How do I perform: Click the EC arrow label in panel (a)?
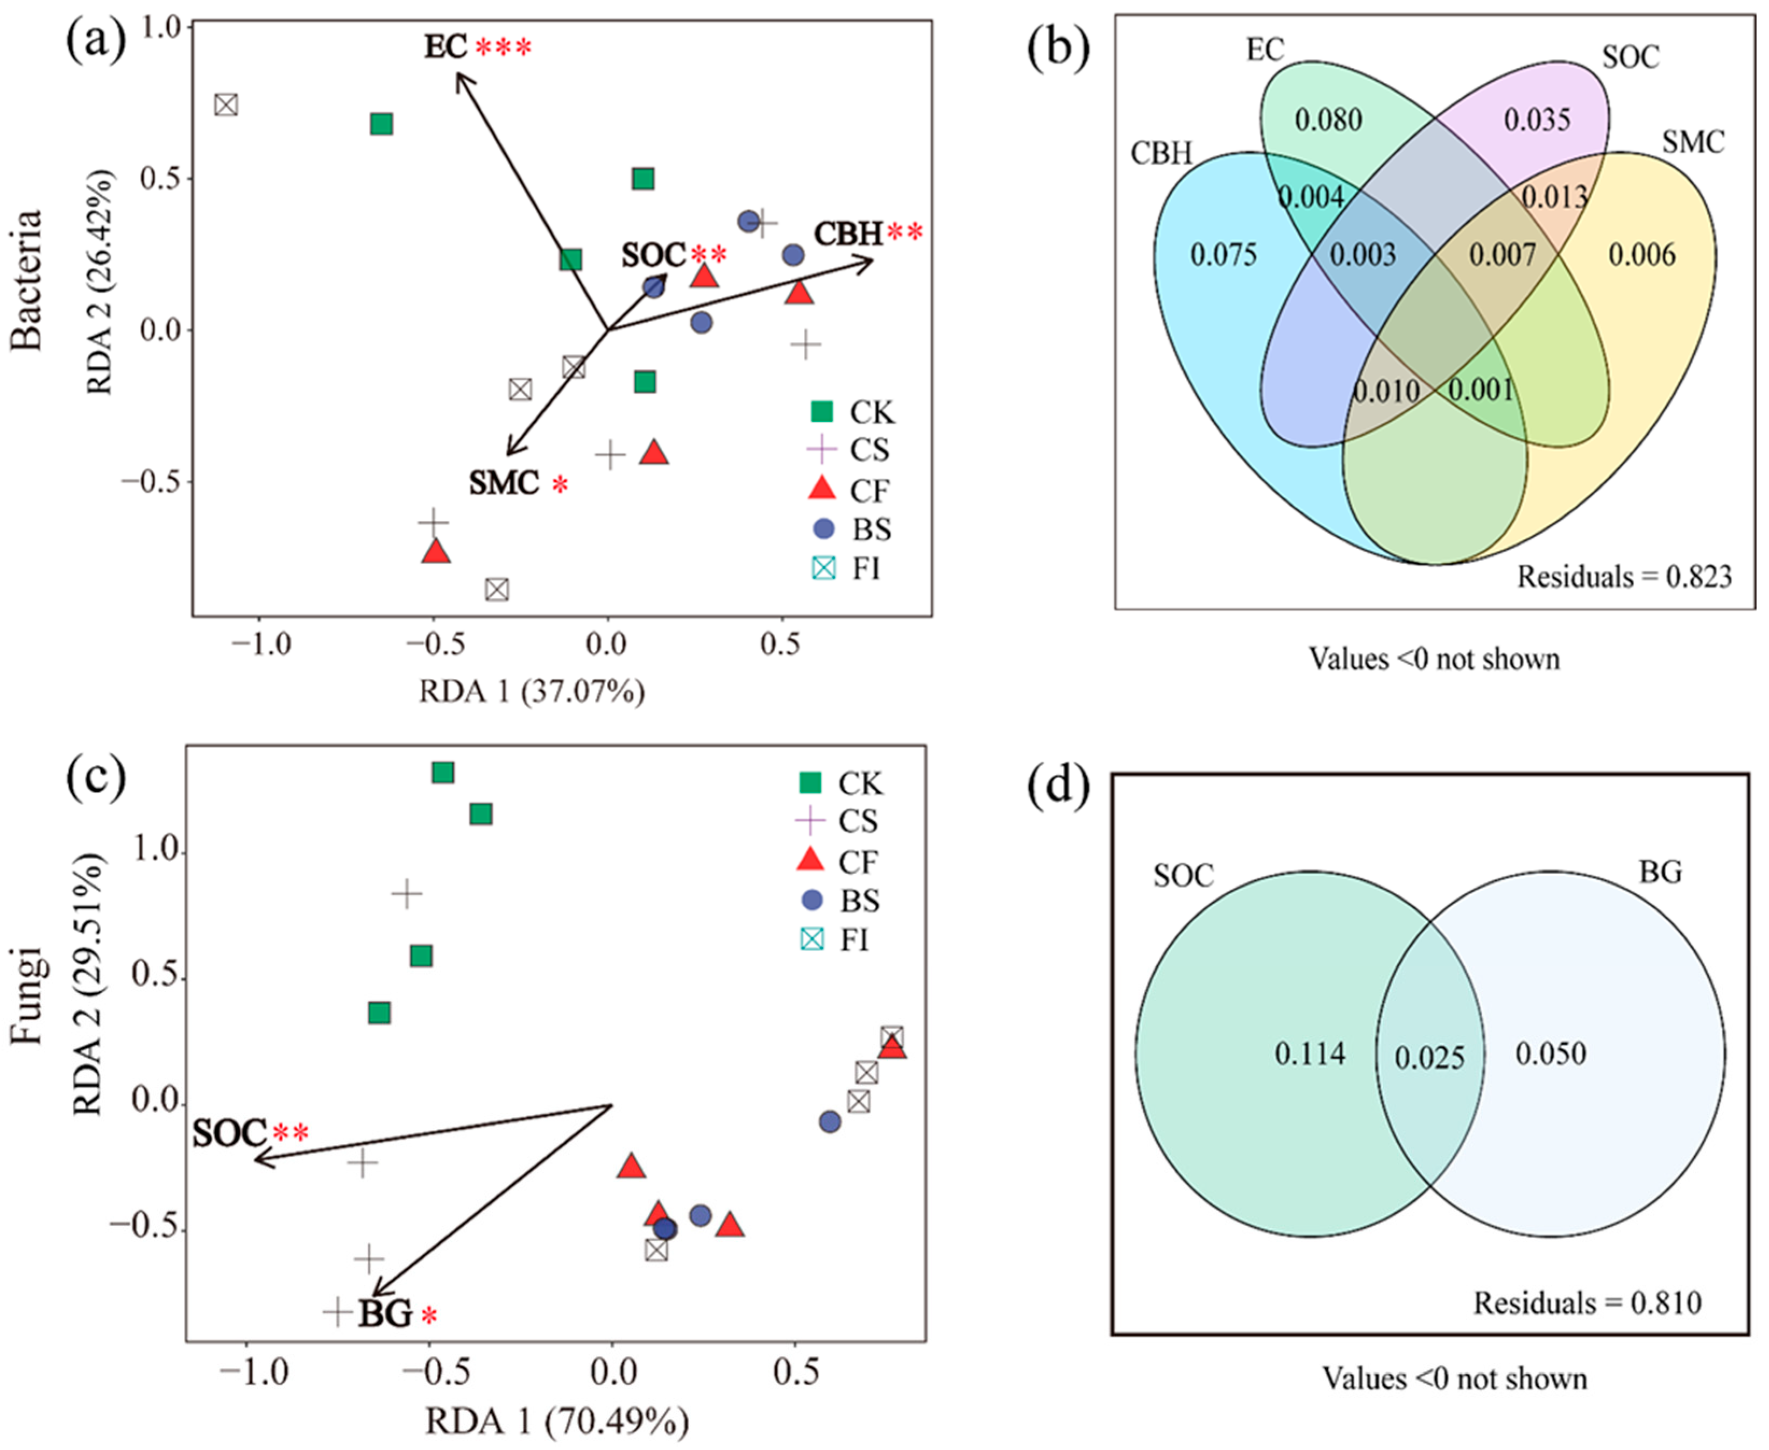[445, 47]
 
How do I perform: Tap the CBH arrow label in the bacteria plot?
[848, 234]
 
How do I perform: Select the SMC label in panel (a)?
[504, 483]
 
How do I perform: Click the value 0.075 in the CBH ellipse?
[1223, 254]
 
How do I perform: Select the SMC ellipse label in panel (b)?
[1692, 143]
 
